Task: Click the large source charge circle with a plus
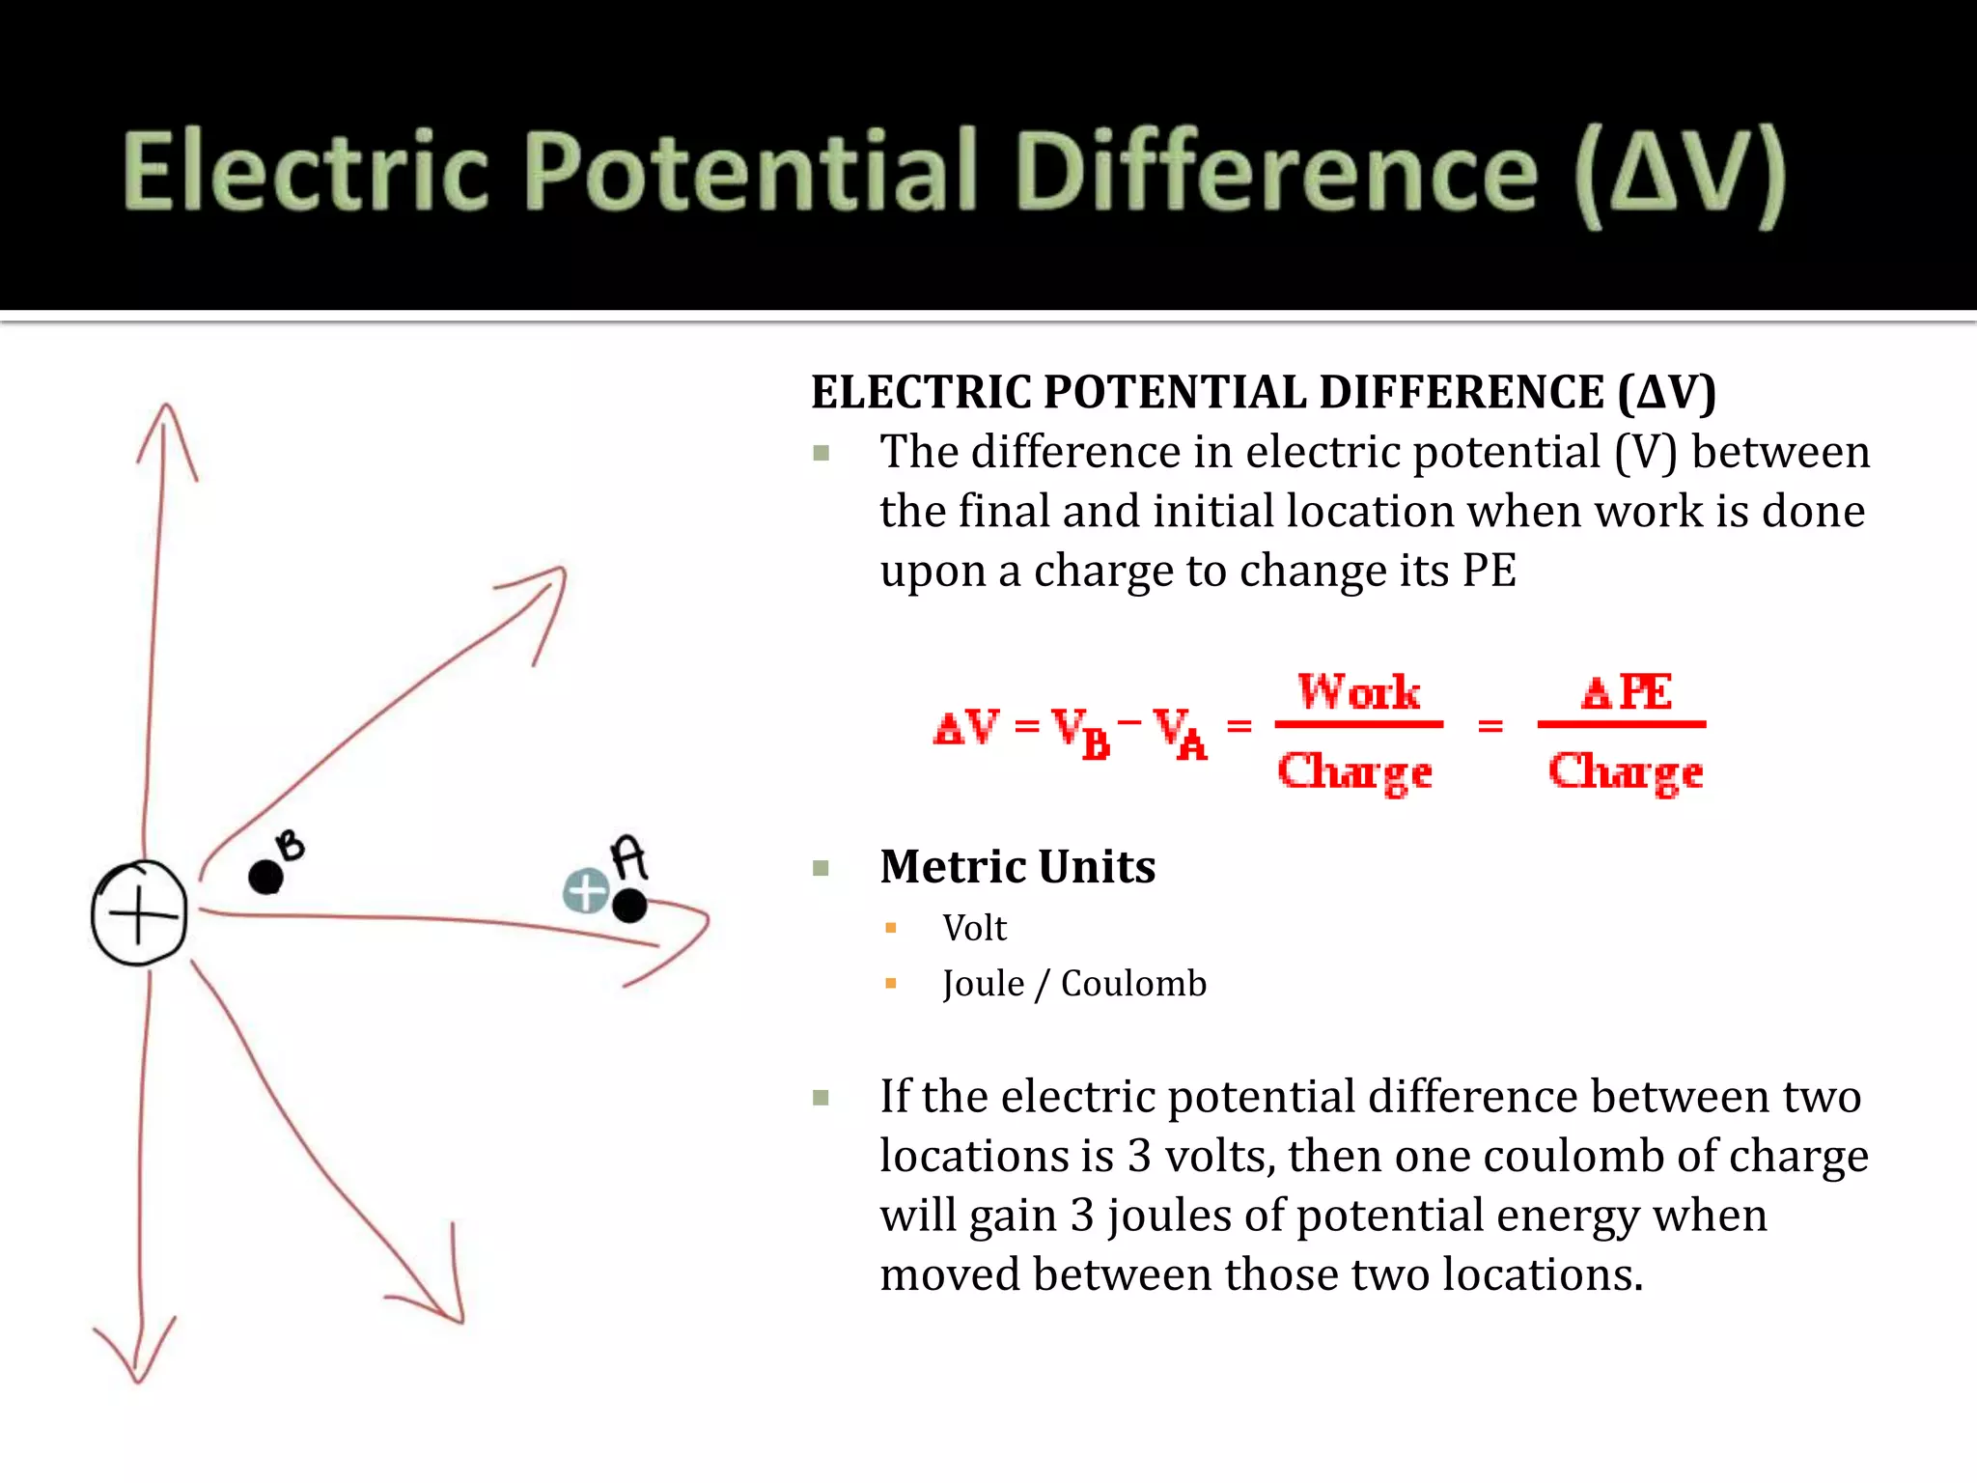139,911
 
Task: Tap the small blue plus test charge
586,891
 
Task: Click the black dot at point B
265,877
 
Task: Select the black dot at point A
629,906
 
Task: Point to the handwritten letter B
290,846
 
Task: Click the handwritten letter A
629,856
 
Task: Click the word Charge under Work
1354,772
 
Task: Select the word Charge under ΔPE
1626,772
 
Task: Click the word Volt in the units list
974,928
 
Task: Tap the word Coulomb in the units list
1133,984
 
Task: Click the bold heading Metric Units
1017,866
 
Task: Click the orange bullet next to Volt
891,928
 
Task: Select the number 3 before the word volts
1139,1156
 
